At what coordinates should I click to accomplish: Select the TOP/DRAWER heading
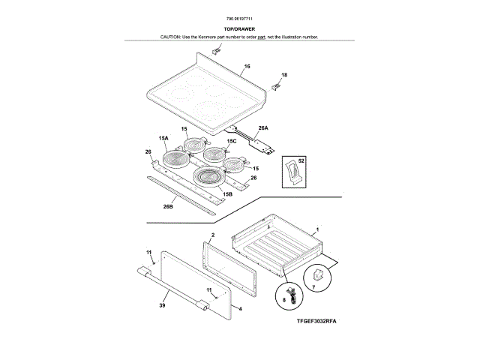click(239, 29)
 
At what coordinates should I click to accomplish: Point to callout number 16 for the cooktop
click(246, 67)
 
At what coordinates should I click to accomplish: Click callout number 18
click(284, 75)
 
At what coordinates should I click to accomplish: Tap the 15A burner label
click(163, 138)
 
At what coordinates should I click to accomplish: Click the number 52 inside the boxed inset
click(301, 162)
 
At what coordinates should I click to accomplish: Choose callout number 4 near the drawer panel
click(239, 307)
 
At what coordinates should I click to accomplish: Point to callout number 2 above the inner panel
click(212, 235)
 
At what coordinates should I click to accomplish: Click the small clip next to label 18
click(275, 86)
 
